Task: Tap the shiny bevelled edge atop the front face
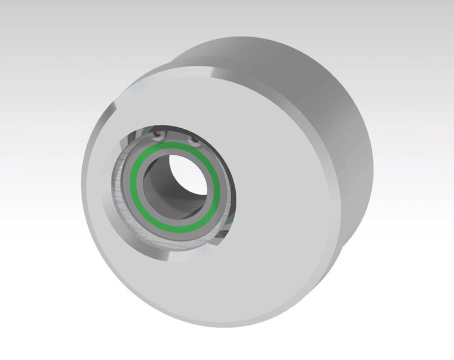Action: (186, 67)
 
